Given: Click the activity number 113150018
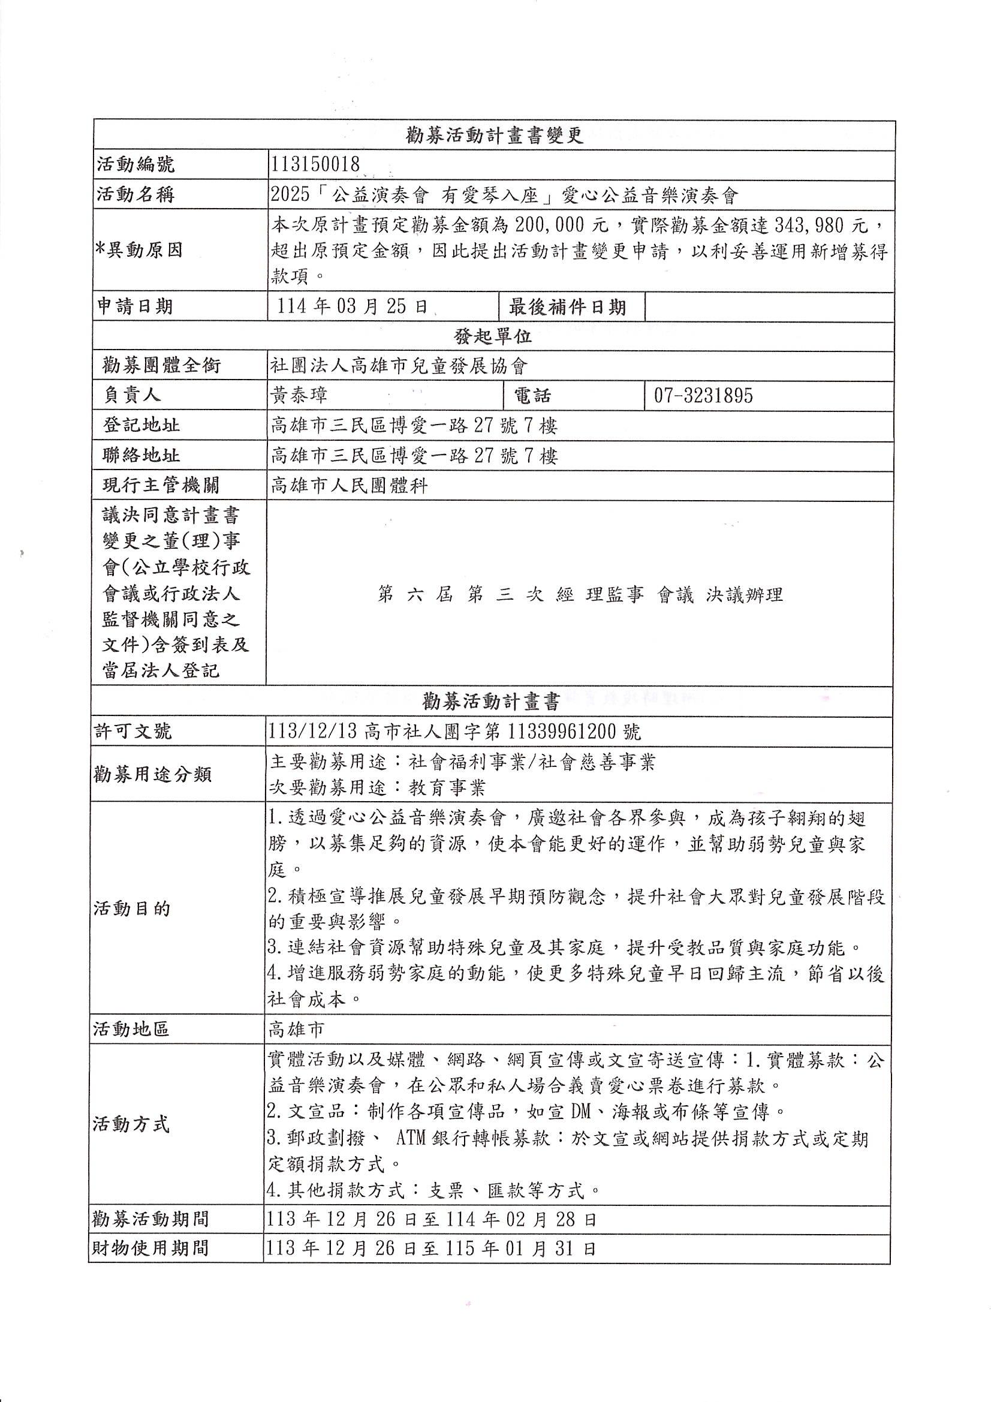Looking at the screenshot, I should pyautogui.click(x=316, y=164).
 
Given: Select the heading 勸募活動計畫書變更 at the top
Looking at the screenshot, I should pyautogui.click(x=494, y=135).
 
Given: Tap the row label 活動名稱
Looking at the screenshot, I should pyautogui.click(x=136, y=195).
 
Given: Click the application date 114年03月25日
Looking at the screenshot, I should pyautogui.click(x=353, y=306).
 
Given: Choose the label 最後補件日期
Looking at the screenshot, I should pyautogui.click(x=567, y=306).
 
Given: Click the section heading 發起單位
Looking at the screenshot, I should pyautogui.click(x=493, y=336).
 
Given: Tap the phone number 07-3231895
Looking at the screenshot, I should pyautogui.click(x=703, y=396).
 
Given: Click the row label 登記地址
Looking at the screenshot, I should pyautogui.click(x=141, y=425).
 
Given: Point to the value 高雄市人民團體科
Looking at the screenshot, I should pyautogui.click(x=350, y=486).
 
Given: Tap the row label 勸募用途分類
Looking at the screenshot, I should pyautogui.click(x=152, y=774).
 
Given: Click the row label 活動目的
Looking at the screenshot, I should pyautogui.click(x=132, y=908).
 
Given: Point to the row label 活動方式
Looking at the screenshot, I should pyautogui.click(x=131, y=1124).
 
